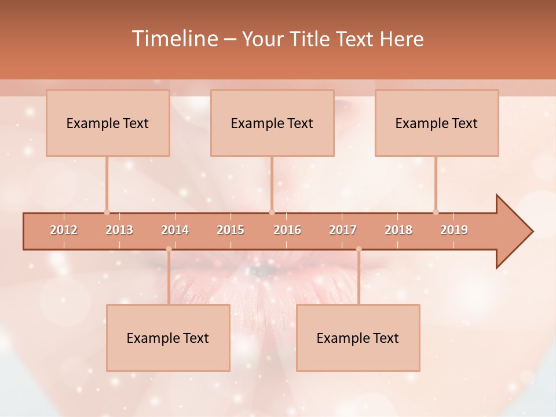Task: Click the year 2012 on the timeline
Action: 64,230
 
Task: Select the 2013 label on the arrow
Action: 119,230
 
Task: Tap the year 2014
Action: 175,230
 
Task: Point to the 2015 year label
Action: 231,230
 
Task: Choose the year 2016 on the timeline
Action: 287,230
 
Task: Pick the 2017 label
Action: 343,230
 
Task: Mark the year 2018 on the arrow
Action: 398,230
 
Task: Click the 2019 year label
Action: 454,230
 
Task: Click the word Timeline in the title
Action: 174,39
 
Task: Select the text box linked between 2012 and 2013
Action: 108,123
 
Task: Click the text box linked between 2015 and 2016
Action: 272,123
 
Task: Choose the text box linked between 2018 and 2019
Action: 437,123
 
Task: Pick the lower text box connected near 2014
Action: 168,338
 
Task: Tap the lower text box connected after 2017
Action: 358,338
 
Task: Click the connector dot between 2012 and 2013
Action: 107,212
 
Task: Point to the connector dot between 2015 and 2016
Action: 272,212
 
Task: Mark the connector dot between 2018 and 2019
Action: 436,212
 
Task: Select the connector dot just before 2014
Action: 169,249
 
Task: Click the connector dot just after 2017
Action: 359,249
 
